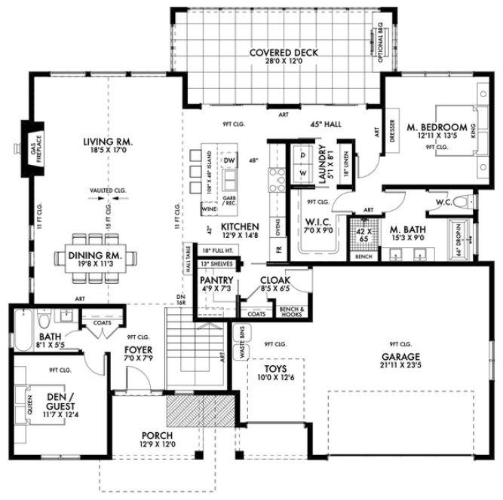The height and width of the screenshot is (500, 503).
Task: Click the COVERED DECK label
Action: [284, 53]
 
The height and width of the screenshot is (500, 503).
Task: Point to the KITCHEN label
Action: [240, 226]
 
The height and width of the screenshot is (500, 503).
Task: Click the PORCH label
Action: [158, 435]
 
